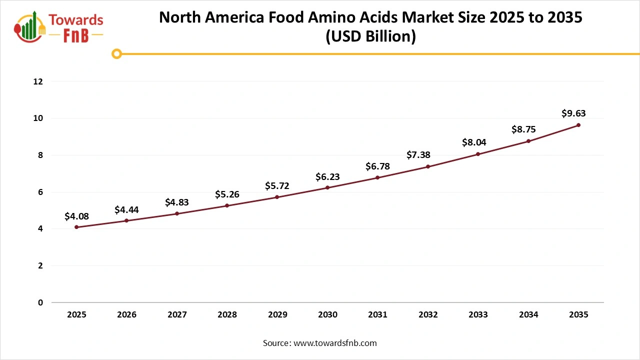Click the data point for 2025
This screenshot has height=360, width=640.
76,227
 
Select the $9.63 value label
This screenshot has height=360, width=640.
573,113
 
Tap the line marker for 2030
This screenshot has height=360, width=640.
327,187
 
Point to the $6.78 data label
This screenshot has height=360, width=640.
377,166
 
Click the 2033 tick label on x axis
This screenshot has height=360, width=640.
478,314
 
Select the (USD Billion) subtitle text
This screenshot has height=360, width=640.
370,37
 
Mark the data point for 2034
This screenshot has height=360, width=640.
528,141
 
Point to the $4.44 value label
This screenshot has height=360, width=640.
126,209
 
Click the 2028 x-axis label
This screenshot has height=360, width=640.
227,314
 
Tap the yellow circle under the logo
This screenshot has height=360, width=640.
116,53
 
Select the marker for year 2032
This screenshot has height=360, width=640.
428,166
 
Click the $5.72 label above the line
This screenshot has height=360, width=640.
277,186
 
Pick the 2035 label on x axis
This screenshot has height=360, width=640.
578,314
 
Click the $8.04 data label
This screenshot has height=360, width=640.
478,143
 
